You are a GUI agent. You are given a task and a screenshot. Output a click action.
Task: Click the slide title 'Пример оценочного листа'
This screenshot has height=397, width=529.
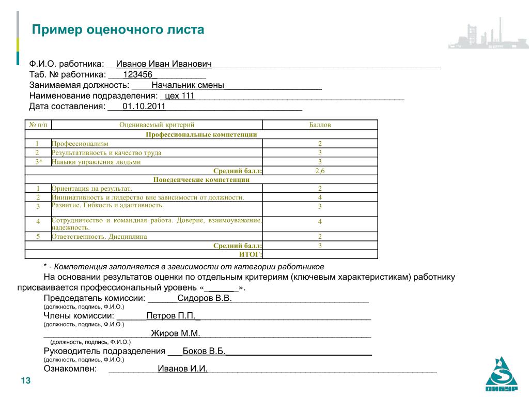[118, 29]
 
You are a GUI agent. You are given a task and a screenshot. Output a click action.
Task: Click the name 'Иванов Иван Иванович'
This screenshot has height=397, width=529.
[164, 64]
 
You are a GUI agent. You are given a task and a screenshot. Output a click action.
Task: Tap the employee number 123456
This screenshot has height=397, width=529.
[137, 74]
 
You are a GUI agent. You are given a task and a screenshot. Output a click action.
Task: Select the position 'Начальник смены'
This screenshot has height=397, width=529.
[188, 85]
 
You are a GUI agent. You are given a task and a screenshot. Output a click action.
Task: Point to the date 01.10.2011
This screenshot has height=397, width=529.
[144, 106]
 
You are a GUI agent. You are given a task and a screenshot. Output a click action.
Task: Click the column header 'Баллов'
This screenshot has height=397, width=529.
[320, 125]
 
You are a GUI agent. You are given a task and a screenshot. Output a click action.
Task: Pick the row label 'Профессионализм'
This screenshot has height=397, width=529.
[80, 143]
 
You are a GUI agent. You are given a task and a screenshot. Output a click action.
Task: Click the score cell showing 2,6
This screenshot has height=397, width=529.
[320, 171]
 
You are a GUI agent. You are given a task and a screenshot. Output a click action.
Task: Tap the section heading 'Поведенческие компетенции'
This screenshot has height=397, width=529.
[201, 180]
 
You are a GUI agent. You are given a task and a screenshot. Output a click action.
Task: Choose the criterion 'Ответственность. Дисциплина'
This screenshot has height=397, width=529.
[99, 236]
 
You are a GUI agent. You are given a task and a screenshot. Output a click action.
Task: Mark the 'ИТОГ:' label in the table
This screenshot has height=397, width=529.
[251, 254]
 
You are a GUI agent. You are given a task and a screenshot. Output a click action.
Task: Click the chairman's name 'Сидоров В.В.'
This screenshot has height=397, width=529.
[205, 299]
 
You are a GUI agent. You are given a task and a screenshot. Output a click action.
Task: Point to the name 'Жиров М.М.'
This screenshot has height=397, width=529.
[175, 334]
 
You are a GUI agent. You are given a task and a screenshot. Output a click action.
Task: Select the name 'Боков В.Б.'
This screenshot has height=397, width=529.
[204, 352]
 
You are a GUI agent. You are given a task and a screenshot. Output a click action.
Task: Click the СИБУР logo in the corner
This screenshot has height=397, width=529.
[501, 375]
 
